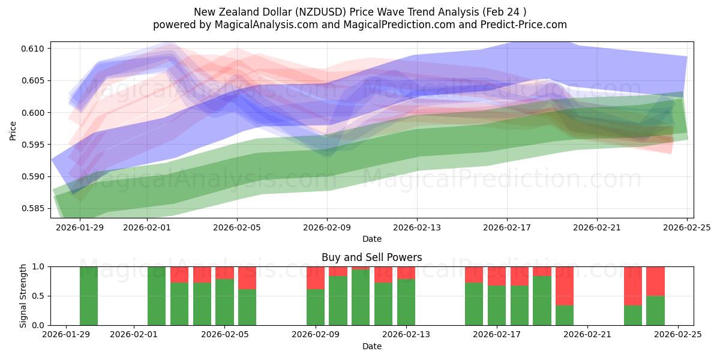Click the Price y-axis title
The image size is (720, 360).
coord(13,130)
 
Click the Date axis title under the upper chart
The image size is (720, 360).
coord(371,239)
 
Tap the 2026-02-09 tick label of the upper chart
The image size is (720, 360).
coord(327,228)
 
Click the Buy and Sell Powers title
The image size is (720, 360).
coord(371,257)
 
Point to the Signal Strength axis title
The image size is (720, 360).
coord(23,296)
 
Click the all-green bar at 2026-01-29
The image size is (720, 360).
coord(89,296)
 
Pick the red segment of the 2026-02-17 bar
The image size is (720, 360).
coord(497,276)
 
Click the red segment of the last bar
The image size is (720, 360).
coord(655,281)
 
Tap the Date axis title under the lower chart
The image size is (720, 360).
coord(371,346)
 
